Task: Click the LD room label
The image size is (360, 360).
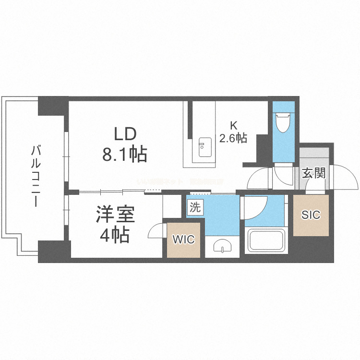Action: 125,133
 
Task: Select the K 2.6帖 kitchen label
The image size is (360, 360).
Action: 233,132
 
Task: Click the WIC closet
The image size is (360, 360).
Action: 184,240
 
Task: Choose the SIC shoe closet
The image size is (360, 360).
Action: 311,215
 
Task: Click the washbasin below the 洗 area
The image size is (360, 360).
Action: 222,247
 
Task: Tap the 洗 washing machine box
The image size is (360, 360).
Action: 195,207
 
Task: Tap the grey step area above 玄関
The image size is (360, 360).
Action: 314,155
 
